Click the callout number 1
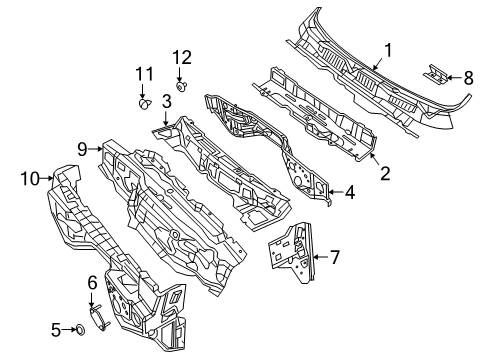tap(389, 47)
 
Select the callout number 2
tap(384, 172)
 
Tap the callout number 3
tap(166, 103)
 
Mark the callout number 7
tap(334, 257)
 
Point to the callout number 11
tap(142, 74)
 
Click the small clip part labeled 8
tap(434, 72)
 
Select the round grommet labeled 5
tap(79, 329)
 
